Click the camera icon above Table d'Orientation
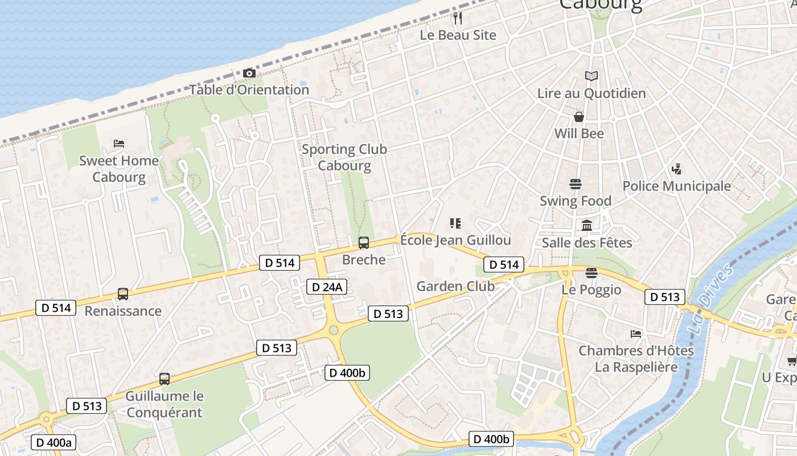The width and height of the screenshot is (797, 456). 249,74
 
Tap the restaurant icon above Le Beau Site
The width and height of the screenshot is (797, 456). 458,18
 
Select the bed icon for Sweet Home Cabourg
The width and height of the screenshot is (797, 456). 119,143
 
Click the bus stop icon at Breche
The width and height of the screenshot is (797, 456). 364,243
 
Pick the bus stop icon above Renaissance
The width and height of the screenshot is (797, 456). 123,294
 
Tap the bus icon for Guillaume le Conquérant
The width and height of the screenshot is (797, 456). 165,378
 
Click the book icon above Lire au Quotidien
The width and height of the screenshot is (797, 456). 591,76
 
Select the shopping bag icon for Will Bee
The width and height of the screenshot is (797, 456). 579,117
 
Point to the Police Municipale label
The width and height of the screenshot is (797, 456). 676,186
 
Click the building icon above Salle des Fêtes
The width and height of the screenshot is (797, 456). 587,226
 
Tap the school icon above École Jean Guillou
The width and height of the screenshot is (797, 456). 455,223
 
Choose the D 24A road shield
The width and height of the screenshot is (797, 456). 327,287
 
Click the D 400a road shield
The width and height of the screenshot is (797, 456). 54,442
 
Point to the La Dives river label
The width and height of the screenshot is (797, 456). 704,298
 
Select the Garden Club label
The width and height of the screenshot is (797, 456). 455,286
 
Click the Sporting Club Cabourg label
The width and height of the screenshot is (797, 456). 344,157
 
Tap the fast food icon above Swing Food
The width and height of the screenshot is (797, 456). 576,184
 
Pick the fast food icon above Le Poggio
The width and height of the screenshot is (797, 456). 591,273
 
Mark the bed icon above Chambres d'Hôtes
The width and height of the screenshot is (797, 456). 636,333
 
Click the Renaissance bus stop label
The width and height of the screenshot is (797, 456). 123,311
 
